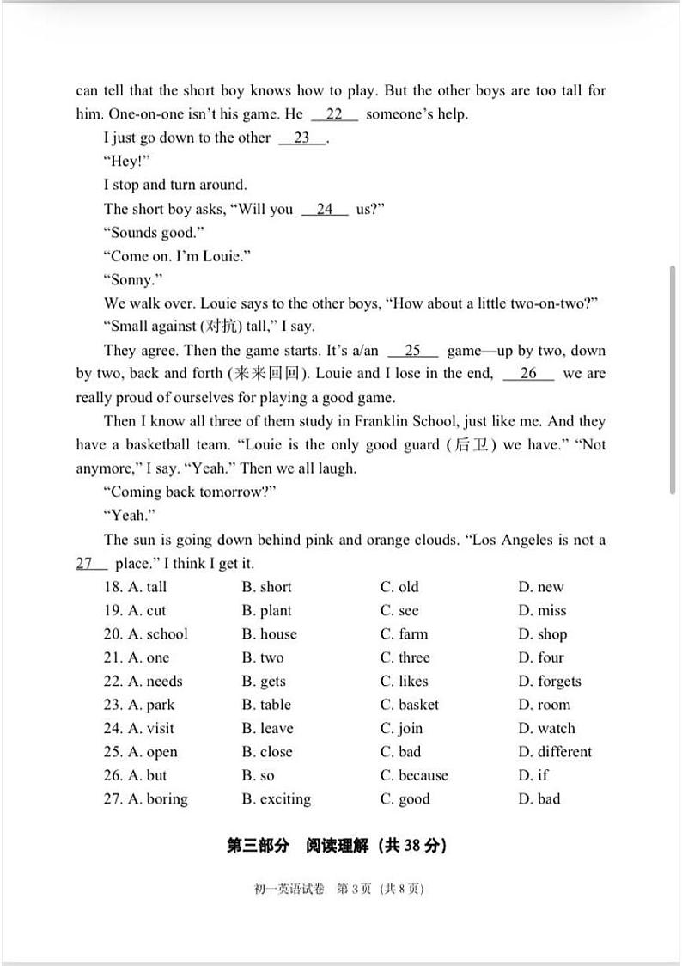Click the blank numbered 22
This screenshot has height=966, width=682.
334,114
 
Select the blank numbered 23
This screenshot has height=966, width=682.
302,138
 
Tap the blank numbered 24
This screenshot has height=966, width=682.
325,209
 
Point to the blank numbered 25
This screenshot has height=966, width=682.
413,351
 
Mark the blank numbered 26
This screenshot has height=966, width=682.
528,374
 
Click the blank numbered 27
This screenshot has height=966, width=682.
91,564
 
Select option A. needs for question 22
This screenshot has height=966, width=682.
155,682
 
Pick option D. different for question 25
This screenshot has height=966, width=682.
555,752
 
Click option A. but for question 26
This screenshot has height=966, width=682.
147,775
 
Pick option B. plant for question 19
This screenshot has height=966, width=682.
266,611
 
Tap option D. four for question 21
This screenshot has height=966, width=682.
540,658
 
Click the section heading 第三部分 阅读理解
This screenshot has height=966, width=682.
336,846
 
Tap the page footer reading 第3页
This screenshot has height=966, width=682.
354,890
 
